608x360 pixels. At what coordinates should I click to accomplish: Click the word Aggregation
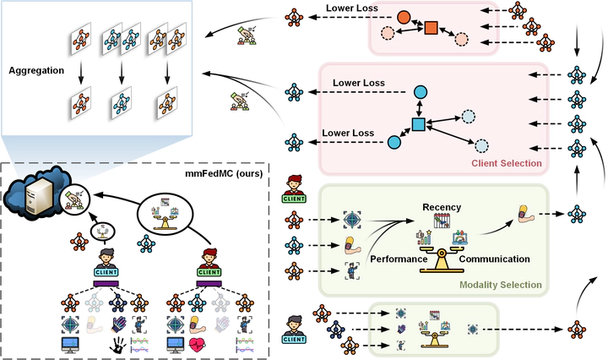point(36,71)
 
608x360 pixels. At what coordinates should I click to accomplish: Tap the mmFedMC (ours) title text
point(224,173)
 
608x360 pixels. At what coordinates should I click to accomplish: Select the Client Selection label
point(507,163)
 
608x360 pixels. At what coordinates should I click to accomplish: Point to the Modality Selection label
point(501,285)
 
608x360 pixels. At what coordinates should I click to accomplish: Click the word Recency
point(442,207)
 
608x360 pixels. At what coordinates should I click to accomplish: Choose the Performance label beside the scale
point(399,259)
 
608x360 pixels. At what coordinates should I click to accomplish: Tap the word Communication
point(494,259)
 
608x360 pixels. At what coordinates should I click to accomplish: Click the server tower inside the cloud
point(38,198)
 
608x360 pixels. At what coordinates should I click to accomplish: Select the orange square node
point(431,28)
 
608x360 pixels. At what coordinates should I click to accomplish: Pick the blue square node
point(418,124)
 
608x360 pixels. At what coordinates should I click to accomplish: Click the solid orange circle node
point(404,17)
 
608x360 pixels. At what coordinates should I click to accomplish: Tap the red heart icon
point(198,345)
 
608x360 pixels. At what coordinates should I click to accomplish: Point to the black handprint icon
point(118,345)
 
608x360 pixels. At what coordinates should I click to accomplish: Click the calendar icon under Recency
point(442,221)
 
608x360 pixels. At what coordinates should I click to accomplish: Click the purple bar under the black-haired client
point(106,284)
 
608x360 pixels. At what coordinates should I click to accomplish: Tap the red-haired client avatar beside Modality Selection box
point(294,189)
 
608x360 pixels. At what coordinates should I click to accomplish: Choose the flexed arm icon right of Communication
point(526,214)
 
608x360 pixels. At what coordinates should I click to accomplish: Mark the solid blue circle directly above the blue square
point(421,92)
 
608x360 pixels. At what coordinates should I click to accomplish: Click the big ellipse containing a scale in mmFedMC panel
point(166,214)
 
